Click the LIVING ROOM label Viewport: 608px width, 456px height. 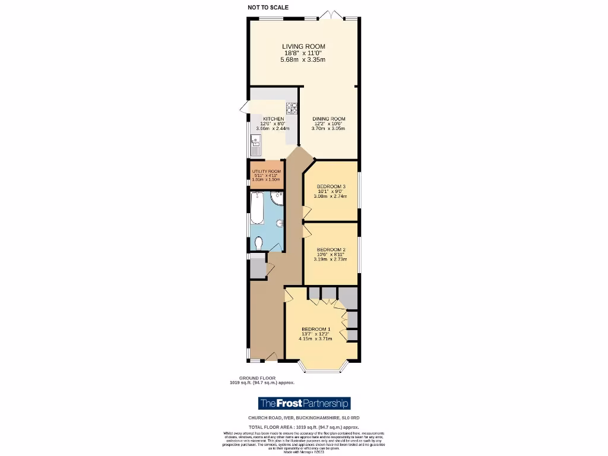(x=303, y=46)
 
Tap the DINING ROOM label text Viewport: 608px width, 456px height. (x=328, y=119)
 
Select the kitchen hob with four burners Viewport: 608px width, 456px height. (x=292, y=108)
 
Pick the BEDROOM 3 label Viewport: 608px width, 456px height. (x=331, y=186)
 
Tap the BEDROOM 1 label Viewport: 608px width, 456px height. (x=315, y=330)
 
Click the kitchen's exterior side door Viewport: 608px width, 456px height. (x=245, y=107)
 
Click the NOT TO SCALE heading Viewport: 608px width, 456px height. (x=268, y=8)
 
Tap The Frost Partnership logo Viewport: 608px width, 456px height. (x=304, y=404)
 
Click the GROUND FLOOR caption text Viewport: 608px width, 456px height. (x=255, y=378)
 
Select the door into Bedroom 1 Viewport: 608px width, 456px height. (x=289, y=294)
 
